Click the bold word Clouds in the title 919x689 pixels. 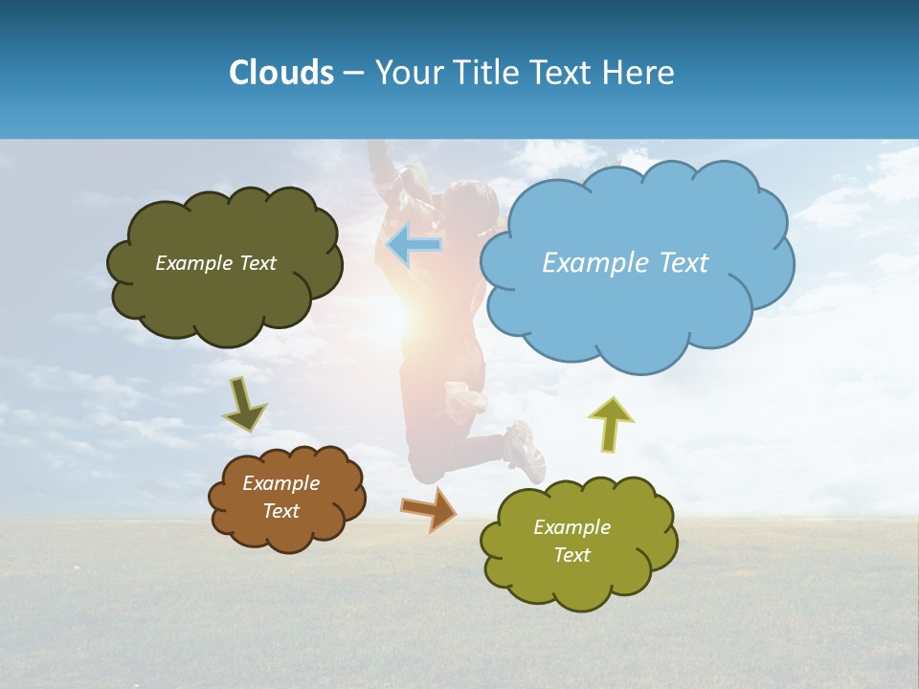281,73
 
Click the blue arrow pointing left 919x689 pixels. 414,245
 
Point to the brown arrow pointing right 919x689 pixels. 429,508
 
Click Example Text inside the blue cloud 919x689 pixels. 625,263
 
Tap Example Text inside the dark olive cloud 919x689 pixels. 215,263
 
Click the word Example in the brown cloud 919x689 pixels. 280,483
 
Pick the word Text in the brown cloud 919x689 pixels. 280,511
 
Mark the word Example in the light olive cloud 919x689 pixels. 572,527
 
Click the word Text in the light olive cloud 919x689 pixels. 572,555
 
